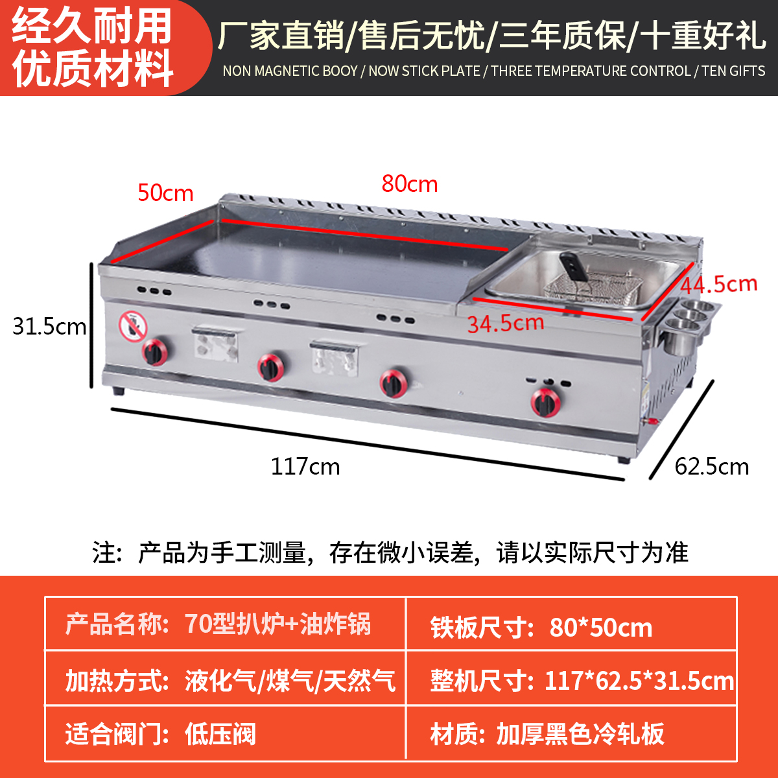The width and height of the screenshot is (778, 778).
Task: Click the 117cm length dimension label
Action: (305, 467)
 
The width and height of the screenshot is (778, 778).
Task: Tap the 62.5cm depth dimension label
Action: (711, 467)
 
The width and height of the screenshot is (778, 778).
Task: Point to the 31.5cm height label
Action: (49, 326)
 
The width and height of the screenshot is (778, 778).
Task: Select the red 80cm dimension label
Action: (409, 184)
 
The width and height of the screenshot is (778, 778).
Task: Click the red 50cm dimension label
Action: (165, 193)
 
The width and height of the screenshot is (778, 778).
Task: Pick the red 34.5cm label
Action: (506, 323)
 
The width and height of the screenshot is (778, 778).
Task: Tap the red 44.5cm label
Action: (719, 284)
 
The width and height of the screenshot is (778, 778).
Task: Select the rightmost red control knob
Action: (545, 402)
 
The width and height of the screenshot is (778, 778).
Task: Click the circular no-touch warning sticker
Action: (133, 326)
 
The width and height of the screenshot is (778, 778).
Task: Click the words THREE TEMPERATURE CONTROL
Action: (591, 71)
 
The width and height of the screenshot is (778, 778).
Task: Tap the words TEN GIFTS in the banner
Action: (733, 71)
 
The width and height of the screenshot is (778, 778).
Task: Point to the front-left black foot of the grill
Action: (119, 392)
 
